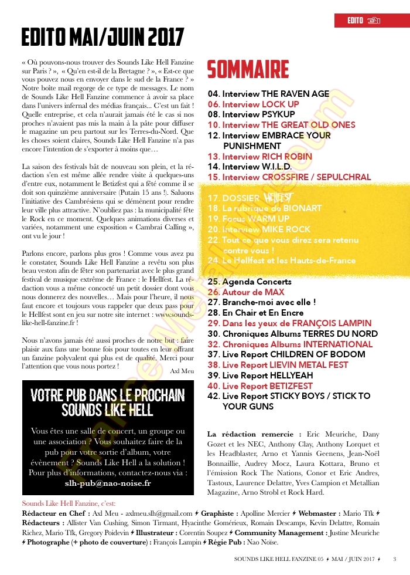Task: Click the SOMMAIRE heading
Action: pos(248,69)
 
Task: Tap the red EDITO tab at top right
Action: pos(363,21)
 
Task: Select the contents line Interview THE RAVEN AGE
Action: pos(268,94)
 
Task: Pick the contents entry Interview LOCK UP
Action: pos(253,104)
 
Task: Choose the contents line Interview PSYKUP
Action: pos(245,114)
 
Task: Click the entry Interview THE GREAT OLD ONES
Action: pos(281,125)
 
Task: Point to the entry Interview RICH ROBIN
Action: pos(259,157)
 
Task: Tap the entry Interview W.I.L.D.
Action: pos(249,167)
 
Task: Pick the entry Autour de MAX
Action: pos(245,292)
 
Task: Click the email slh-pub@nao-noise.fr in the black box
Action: pos(108,483)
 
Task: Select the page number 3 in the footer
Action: pos(395,559)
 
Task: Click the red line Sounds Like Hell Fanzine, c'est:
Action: pos(69,503)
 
